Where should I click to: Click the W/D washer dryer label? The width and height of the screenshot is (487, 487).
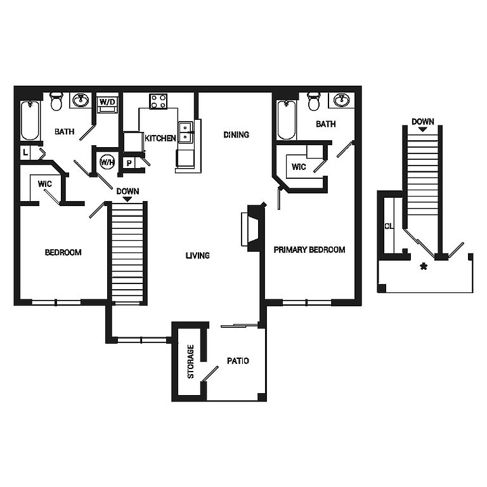(107, 102)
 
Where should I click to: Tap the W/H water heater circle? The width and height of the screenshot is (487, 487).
(107, 162)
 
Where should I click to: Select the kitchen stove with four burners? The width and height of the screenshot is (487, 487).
(159, 101)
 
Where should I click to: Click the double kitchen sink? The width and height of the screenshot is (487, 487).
(185, 132)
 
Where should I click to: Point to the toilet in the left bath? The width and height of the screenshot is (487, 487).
(56, 101)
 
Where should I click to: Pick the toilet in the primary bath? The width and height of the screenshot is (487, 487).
(314, 101)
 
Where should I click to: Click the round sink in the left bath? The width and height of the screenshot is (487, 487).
(81, 100)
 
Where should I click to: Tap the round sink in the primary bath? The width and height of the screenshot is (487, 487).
(341, 100)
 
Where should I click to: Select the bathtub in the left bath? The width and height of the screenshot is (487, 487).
(30, 120)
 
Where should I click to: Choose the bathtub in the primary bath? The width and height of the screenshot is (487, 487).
(287, 120)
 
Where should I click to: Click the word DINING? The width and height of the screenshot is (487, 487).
(236, 135)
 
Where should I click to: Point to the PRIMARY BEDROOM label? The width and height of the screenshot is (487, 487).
(309, 250)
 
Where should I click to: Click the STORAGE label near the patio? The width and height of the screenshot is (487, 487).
(191, 361)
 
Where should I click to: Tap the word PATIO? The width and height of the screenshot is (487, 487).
(238, 361)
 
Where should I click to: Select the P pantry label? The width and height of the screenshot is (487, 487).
(129, 163)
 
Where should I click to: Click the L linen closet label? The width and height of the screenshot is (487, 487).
(25, 152)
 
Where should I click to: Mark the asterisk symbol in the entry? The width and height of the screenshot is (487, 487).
(424, 266)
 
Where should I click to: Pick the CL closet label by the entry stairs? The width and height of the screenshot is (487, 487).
(389, 226)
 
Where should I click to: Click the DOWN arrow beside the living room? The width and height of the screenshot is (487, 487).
(127, 200)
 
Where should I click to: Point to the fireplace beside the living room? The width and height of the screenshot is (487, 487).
(253, 228)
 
